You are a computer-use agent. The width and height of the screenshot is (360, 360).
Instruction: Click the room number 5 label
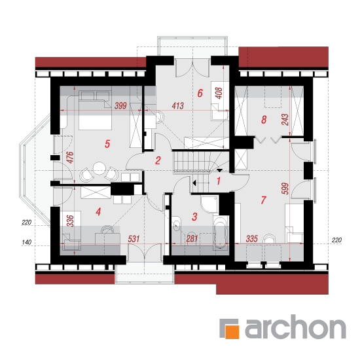pyautogui.click(x=107, y=144)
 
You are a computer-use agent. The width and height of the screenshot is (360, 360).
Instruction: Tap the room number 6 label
pyautogui.click(x=200, y=93)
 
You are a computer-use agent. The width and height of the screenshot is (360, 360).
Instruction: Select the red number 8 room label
pyautogui.click(x=264, y=120)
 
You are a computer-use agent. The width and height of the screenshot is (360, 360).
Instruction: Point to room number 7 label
pyautogui.click(x=263, y=200)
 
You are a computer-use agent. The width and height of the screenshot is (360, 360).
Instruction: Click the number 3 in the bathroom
pyautogui.click(x=194, y=217)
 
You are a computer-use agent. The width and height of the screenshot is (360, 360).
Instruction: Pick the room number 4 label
pyautogui.click(x=98, y=211)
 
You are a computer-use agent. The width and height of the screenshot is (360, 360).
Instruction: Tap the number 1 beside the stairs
pyautogui.click(x=219, y=181)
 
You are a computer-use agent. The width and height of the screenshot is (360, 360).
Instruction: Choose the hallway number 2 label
pyautogui.click(x=158, y=160)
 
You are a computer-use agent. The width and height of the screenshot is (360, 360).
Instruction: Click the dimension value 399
pyautogui.click(x=120, y=105)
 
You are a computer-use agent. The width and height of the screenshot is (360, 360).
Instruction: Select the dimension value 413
pyautogui.click(x=177, y=105)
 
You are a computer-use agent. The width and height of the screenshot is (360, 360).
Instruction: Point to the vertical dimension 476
pyautogui.click(x=70, y=158)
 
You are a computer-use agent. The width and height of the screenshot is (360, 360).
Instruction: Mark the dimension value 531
pyautogui.click(x=134, y=239)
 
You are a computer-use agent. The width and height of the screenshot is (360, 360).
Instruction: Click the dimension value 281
pyautogui.click(x=192, y=239)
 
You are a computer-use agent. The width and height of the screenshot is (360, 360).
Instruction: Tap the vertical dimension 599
pyautogui.click(x=285, y=189)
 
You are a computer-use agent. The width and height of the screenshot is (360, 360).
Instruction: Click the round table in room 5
pyautogui.click(x=99, y=168)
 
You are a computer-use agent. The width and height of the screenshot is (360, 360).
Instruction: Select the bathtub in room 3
pyautogui.click(x=221, y=232)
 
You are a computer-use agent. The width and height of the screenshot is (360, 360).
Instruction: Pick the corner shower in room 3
pyautogui.click(x=209, y=204)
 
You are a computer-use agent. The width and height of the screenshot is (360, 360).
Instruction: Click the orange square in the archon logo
pyautogui.click(x=232, y=332)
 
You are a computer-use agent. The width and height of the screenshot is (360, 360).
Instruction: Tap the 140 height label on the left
pyautogui.click(x=26, y=242)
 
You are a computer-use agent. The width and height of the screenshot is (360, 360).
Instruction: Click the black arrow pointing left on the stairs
pyautogui.click(x=194, y=183)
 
